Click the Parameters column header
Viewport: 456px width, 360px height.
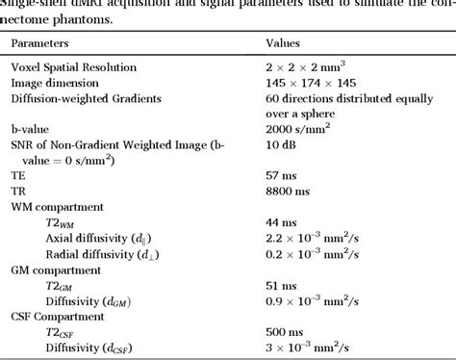tap(42, 43)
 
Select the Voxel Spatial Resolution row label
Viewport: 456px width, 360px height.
tap(87, 67)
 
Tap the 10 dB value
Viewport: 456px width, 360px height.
tap(282, 151)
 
